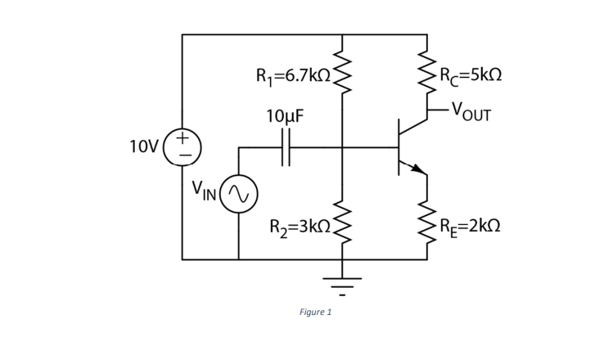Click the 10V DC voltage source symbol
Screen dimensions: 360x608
pos(182,147)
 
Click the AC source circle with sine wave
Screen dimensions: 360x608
pos(239,194)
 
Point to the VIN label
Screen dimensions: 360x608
pos(204,192)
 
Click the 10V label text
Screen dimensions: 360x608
pos(144,147)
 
